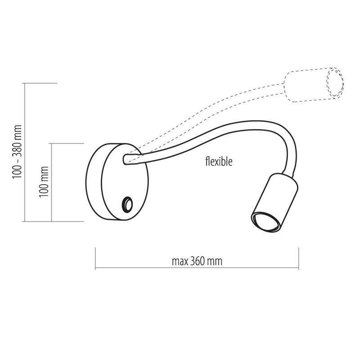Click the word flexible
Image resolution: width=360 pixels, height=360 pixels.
pyautogui.click(x=219, y=162)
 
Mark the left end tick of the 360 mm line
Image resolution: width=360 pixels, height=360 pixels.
pyautogui.click(x=95, y=259)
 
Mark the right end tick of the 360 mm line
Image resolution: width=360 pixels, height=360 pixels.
pyautogui.click(x=298, y=259)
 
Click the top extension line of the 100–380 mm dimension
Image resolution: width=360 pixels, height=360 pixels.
pyautogui.click(x=40, y=83)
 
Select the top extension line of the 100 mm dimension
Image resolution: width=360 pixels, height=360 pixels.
pyautogui.click(x=67, y=143)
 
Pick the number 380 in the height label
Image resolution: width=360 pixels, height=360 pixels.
pyautogui.click(x=18, y=135)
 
